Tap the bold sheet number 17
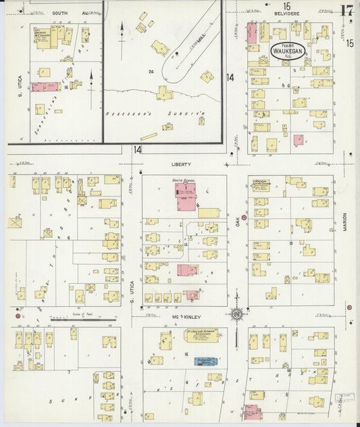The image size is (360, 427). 346,11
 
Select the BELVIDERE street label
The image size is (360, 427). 287,12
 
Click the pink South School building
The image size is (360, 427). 186,196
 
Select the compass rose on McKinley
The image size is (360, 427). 236,314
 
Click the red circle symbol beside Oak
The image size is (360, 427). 245,217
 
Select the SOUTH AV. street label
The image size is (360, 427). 66,12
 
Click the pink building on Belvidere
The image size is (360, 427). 252,33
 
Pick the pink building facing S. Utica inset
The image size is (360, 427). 45,86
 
